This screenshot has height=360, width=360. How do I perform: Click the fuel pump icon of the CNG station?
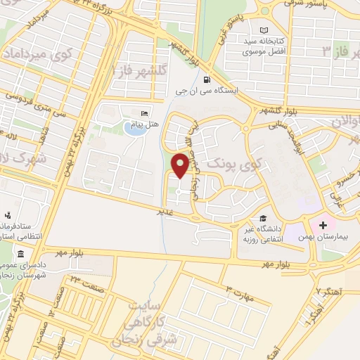(206, 79)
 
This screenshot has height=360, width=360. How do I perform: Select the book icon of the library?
(264, 30)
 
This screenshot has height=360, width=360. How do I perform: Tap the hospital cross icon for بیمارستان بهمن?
(323, 225)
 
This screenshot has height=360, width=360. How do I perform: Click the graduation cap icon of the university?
(263, 219)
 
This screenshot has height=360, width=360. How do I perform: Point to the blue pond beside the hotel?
(132, 128)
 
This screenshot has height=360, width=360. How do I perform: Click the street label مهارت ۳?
(239, 289)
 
